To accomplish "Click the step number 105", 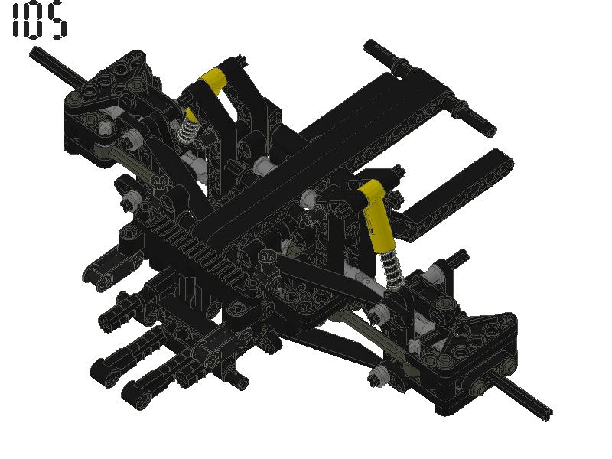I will [38, 21].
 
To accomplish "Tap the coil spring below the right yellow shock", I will [394, 268].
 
